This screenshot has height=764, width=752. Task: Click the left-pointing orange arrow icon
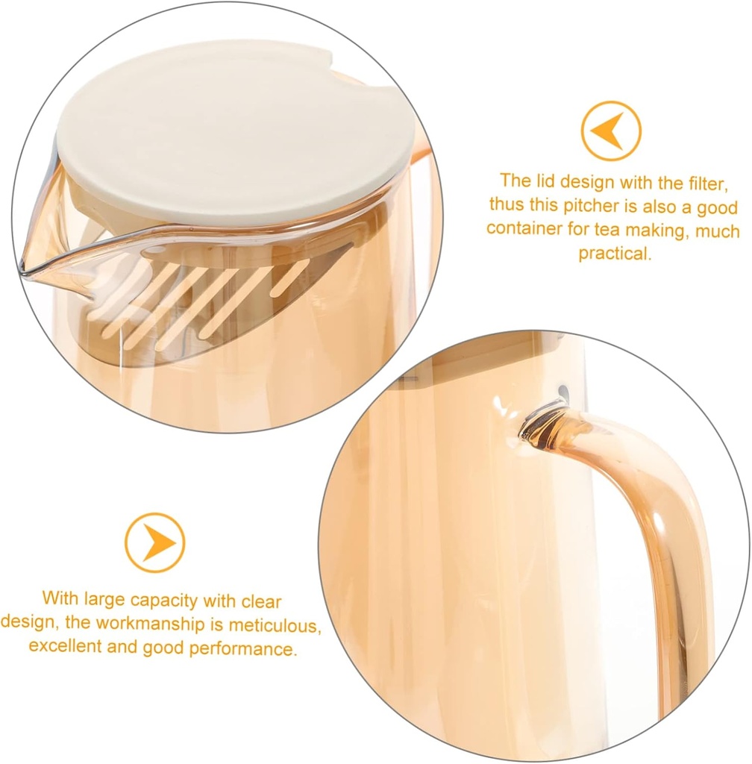click(611, 131)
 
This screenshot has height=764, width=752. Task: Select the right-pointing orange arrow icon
click(154, 542)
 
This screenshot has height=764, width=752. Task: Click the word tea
click(610, 228)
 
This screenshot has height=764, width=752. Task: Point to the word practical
click(615, 253)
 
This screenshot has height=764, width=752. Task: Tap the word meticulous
click(274, 622)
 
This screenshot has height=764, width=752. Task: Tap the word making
click(661, 228)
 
